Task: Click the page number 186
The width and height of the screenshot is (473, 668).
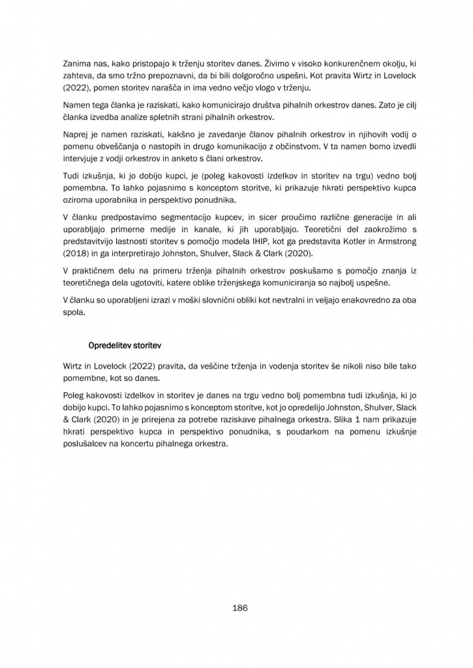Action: [239, 608]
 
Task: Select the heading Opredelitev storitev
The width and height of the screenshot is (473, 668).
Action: [125, 344]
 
